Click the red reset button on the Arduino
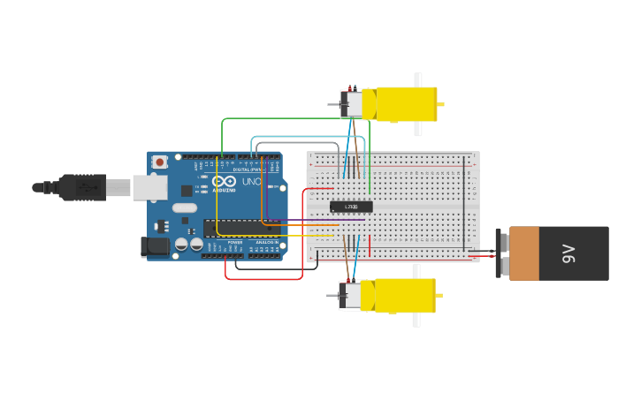pyautogui.click(x=160, y=162)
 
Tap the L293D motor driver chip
pyautogui.click(x=351, y=207)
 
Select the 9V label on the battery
pyautogui.click(x=569, y=253)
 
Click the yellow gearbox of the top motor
pyautogui.click(x=407, y=104)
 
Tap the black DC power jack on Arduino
pyautogui.click(x=155, y=247)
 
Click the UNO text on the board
pyautogui.click(x=251, y=182)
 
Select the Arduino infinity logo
pyautogui.click(x=224, y=181)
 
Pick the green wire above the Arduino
pyautogui.click(x=292, y=118)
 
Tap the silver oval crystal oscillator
pyautogui.click(x=185, y=208)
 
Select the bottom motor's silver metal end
pyautogui.click(x=351, y=297)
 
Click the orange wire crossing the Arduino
pyautogui.click(x=292, y=225)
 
